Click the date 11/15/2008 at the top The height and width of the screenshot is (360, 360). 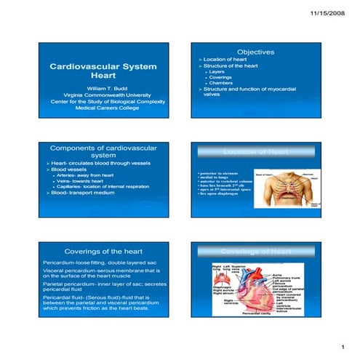332,14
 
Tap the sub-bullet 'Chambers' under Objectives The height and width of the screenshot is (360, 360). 220,83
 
